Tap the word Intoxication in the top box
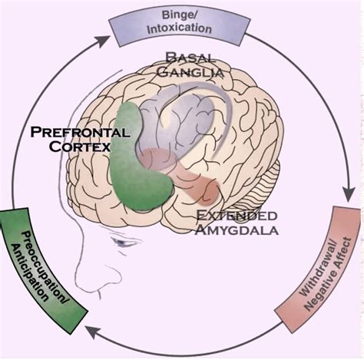click(180, 28)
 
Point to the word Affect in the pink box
click(344, 253)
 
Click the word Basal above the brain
click(190, 58)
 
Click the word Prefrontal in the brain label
click(80, 132)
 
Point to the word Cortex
click(80, 147)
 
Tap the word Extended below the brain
click(237, 216)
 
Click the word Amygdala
click(237, 230)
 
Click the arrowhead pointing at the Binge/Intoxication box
click(103, 41)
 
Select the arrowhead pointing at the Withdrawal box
click(349, 194)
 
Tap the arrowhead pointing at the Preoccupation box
click(91, 332)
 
